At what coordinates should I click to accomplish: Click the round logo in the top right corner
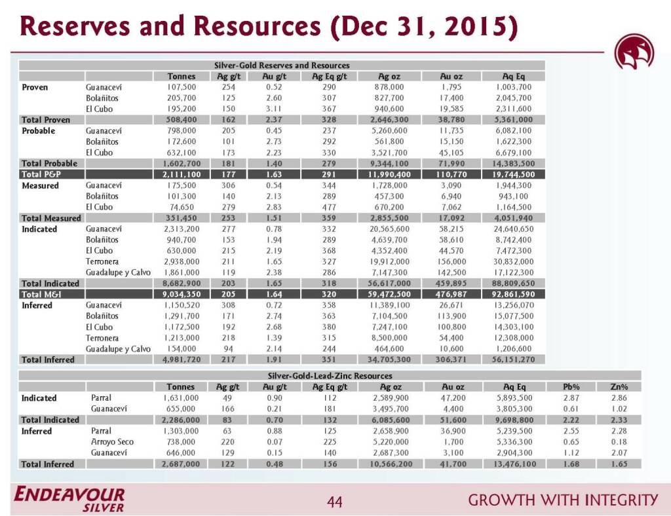point(634,52)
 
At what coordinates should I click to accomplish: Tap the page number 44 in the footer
point(334,501)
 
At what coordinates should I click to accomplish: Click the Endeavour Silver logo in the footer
point(69,500)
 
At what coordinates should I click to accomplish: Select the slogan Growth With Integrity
point(563,500)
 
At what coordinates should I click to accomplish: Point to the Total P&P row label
point(41,174)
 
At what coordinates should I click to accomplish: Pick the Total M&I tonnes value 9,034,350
point(182,294)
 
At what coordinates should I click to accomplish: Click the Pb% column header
point(571,387)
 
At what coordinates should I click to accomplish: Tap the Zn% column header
point(619,387)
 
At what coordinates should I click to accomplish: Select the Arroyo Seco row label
point(112,441)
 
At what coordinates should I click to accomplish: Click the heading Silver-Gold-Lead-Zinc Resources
point(330,376)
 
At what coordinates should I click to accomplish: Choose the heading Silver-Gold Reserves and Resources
point(282,65)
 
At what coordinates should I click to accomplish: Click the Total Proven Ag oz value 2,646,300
point(389,120)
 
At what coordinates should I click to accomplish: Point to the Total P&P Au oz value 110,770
point(451,174)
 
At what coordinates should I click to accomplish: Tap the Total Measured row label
point(51,218)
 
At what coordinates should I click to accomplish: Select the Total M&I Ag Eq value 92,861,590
point(514,294)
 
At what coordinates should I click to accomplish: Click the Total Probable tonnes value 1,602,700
point(182,163)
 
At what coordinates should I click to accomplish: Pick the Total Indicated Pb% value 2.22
point(571,420)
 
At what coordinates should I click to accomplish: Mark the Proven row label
point(35,87)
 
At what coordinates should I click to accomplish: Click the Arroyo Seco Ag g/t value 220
point(227,441)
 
